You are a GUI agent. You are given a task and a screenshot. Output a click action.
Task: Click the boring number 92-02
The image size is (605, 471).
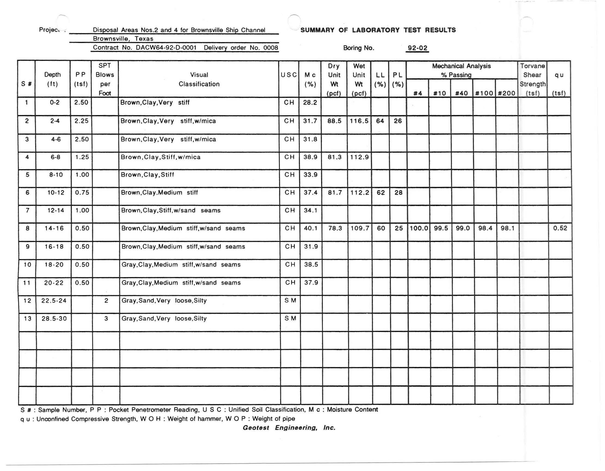pos(417,48)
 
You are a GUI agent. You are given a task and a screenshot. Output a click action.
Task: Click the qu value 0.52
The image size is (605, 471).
pos(560,228)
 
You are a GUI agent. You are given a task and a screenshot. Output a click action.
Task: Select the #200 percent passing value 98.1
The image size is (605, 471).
pos(507,228)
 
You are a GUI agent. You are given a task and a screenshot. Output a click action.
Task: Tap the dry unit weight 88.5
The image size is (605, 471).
pos(334,121)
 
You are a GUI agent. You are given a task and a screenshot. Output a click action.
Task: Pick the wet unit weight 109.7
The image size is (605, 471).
pos(359,228)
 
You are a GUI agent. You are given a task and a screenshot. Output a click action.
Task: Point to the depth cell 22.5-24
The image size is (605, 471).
pos(54,301)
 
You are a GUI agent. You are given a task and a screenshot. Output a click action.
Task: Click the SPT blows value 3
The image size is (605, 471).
pos(106,319)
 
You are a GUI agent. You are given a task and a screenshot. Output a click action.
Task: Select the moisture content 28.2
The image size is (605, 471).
pos(310,103)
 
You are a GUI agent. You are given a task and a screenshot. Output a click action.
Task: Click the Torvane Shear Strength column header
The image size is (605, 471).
pos(532,79)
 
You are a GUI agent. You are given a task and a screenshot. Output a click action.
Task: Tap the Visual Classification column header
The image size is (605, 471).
pos(199,79)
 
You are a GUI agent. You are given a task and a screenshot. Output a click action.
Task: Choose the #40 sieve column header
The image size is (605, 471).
pos(462,93)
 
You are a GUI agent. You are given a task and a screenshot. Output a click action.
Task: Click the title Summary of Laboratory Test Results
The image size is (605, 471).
pos(378,30)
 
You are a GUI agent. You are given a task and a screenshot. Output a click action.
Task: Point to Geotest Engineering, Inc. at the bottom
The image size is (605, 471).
pos(289,428)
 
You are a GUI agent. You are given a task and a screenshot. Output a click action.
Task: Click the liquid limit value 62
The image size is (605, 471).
pos(381,192)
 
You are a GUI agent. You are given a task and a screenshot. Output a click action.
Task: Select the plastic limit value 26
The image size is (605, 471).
pos(398,121)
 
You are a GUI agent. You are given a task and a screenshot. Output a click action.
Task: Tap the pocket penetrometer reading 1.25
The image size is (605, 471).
pos(82,157)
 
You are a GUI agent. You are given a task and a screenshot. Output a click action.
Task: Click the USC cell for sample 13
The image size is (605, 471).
pos(290,319)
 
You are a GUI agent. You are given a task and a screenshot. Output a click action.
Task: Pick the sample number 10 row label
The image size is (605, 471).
pos(27,265)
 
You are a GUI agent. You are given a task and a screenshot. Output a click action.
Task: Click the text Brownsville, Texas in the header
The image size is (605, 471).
pos(123,39)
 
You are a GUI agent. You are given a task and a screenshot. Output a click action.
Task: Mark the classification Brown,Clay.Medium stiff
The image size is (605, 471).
pos(159,192)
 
